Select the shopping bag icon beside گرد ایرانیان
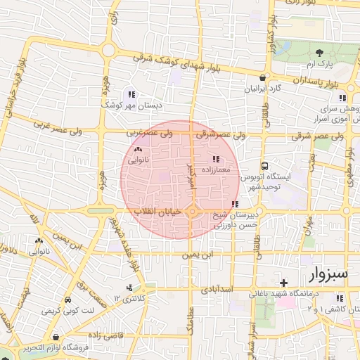(x=263, y=78)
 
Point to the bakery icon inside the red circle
(x=137, y=149)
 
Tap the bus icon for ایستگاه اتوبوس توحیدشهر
(x=263, y=167)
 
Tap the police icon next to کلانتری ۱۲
(x=128, y=288)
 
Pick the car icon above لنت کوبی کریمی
(x=67, y=298)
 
